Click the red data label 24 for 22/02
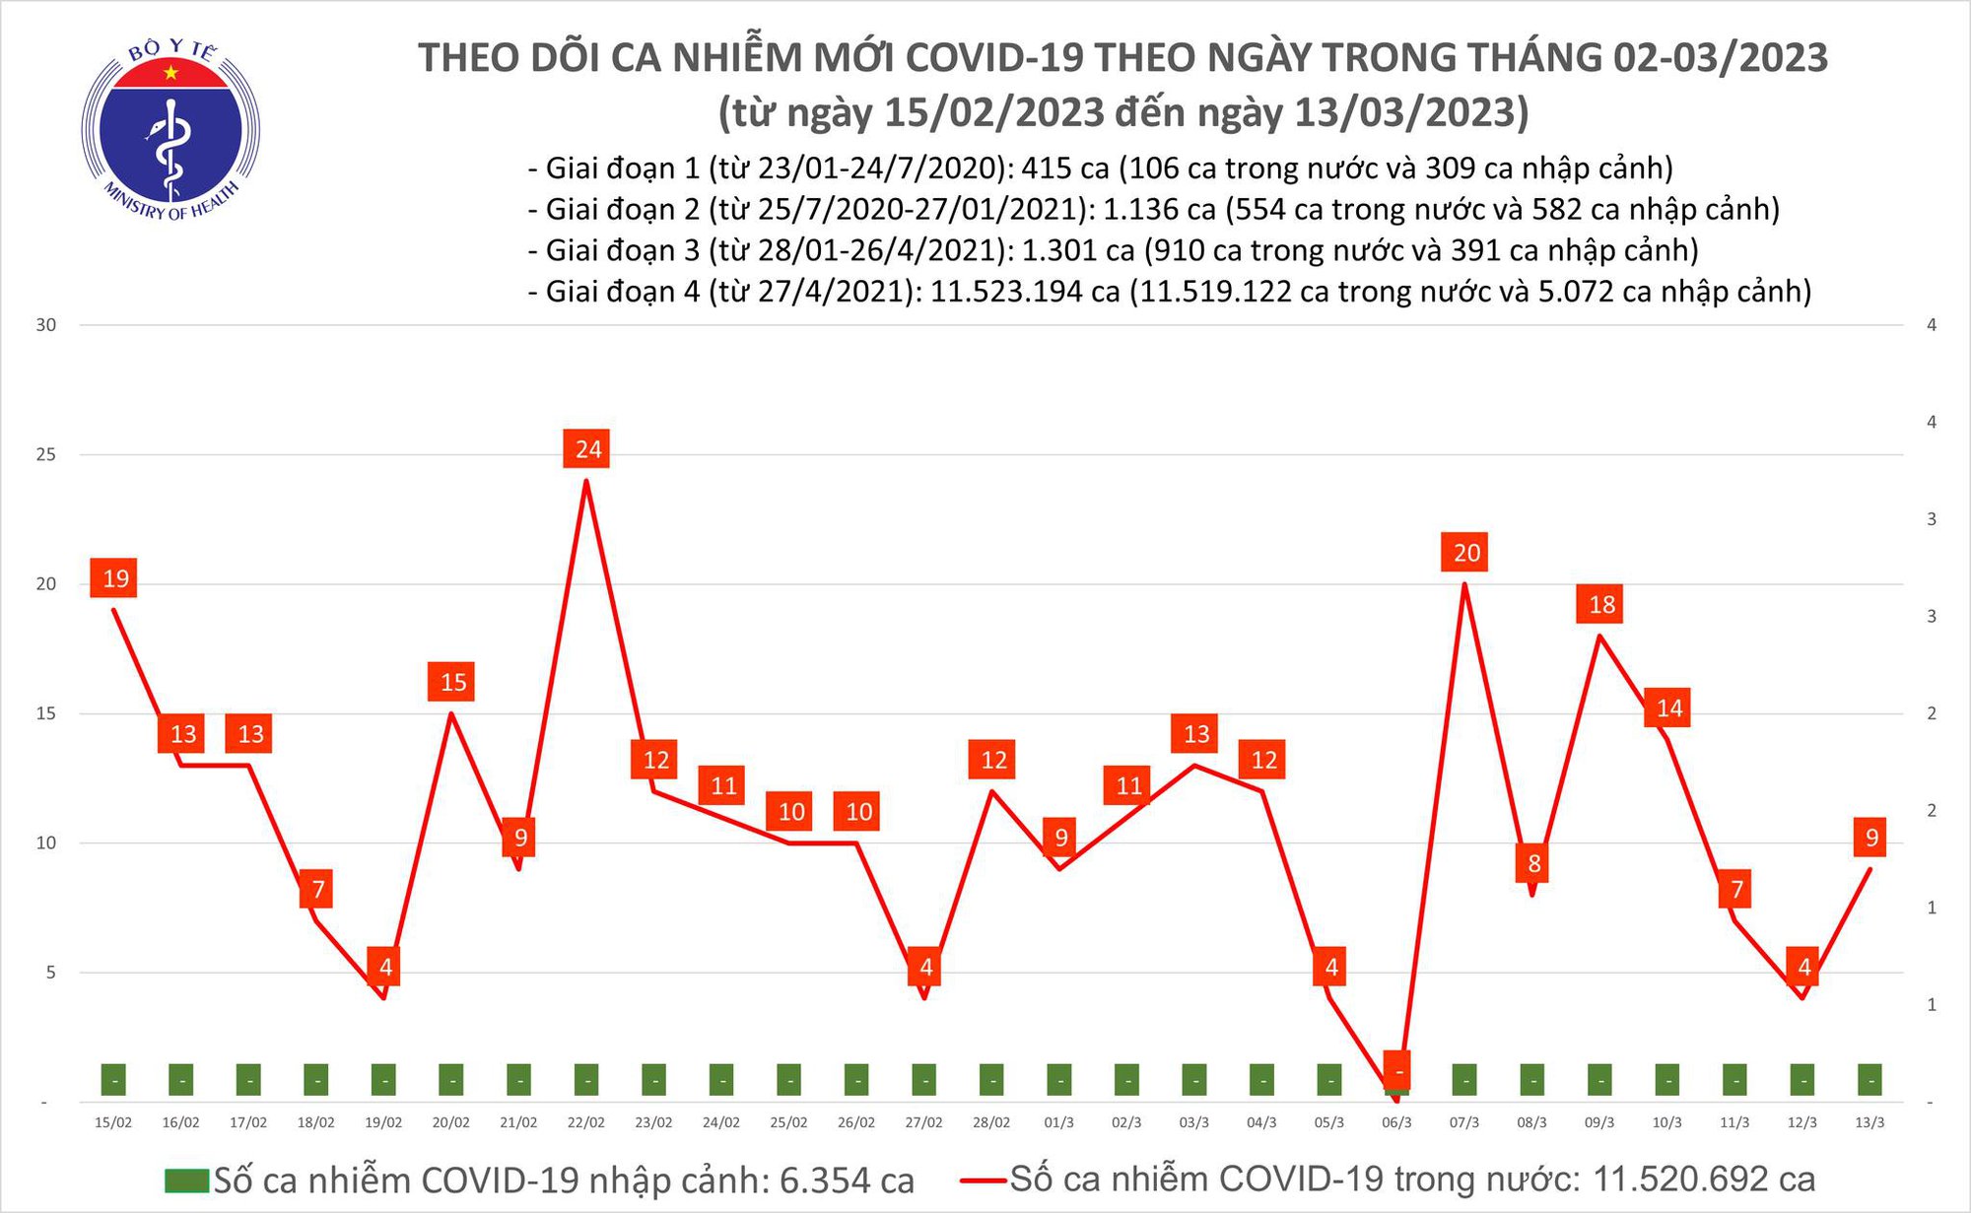(587, 449)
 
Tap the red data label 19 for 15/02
(114, 578)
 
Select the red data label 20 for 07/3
(1465, 553)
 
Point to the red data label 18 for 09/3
(1600, 604)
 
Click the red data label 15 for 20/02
(452, 682)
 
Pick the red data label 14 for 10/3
(1668, 708)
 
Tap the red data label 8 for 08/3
(1533, 864)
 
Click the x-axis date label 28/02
(990, 1122)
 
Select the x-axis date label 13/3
(1869, 1122)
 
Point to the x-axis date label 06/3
(1396, 1122)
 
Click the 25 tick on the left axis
(46, 455)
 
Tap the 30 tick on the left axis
(46, 325)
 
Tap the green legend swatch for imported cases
(187, 1179)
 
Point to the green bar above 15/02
(114, 1080)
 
